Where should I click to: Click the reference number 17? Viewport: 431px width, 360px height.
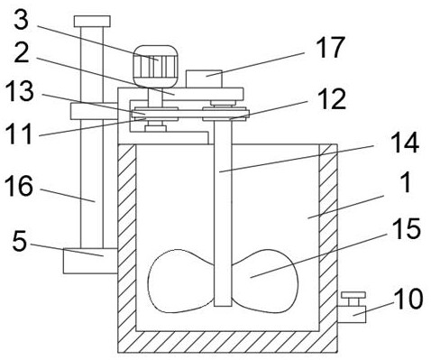(x=330, y=48)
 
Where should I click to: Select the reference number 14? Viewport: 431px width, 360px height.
(x=406, y=143)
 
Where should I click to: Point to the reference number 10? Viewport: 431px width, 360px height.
(x=409, y=299)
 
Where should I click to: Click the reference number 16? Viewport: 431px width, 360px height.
(x=19, y=186)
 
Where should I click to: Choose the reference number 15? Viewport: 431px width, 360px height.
(x=407, y=229)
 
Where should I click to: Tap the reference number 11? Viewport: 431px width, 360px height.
(x=19, y=134)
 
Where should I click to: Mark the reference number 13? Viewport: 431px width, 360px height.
(x=20, y=91)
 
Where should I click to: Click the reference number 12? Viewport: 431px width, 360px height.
(x=332, y=100)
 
